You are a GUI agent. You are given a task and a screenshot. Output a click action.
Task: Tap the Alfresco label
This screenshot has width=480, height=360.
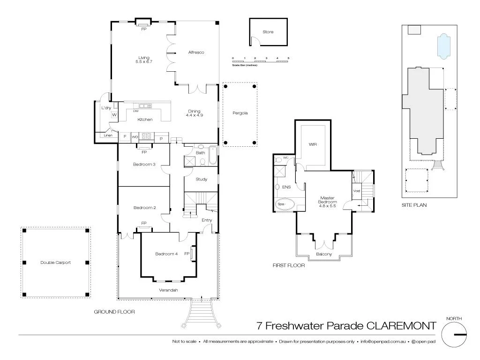click(195, 52)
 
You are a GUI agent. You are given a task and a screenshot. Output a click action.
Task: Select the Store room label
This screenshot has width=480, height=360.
click(268, 32)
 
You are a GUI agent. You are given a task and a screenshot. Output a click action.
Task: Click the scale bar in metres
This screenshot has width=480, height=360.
click(261, 61)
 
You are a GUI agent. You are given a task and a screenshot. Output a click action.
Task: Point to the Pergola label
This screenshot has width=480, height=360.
click(240, 113)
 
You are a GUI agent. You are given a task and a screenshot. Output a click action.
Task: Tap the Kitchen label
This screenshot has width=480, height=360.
click(145, 120)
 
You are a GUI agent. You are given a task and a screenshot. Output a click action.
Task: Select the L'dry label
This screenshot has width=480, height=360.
click(106, 108)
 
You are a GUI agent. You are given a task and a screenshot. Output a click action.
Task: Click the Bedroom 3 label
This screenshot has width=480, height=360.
click(144, 164)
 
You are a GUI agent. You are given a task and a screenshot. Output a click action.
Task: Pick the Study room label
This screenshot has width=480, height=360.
click(202, 179)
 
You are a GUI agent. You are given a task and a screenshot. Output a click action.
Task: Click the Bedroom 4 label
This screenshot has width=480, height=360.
click(166, 254)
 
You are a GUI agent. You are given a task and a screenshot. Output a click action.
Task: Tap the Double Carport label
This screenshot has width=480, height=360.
click(55, 262)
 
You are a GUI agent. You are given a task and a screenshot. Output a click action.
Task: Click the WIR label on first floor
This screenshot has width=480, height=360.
click(313, 144)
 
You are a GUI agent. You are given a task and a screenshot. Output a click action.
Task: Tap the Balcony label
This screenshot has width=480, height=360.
click(323, 254)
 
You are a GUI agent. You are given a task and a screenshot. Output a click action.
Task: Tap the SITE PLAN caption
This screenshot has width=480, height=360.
click(414, 205)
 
